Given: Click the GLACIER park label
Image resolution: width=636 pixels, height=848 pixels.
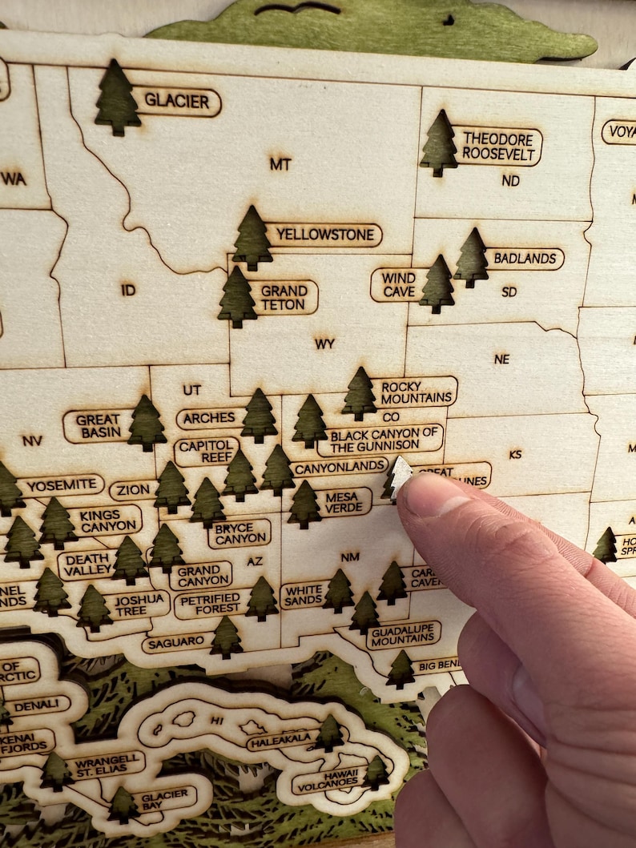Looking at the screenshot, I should coord(176,102).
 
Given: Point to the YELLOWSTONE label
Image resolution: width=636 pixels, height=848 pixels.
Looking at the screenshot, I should coord(324,235).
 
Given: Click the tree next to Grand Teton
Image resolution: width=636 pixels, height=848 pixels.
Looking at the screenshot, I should coord(237,298).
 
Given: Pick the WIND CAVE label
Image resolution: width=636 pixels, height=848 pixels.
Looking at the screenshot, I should coord(398,285).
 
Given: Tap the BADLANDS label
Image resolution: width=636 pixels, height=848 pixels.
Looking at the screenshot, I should coord(525,259).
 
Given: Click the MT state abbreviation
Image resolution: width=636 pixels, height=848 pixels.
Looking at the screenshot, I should coord(280,164).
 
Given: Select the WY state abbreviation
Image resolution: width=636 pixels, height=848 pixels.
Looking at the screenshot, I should coord(324,344).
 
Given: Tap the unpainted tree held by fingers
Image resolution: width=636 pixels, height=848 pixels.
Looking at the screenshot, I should coord(397,477).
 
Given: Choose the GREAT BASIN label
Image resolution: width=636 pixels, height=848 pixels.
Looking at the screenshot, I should coord(99,426).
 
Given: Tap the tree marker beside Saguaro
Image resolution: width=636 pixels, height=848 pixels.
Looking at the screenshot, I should coord(226,637).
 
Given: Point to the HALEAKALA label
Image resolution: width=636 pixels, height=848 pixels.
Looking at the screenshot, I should coord(280,742).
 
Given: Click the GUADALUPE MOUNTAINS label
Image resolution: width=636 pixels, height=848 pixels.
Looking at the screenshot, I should coord(403,634).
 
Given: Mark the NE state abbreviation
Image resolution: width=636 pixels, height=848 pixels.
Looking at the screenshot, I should coord(501,359).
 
